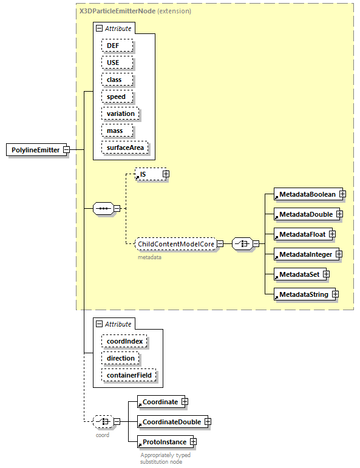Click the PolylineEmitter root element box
click(x=36, y=150)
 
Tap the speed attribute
click(x=116, y=97)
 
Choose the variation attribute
click(x=120, y=114)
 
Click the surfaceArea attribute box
click(x=124, y=148)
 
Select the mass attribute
click(x=115, y=131)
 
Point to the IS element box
click(x=148, y=174)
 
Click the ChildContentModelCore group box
click(x=175, y=244)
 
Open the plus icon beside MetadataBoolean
click(x=342, y=194)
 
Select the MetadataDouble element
click(x=305, y=214)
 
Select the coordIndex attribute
click(x=124, y=341)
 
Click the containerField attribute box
click(x=129, y=375)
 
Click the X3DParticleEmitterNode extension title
click(x=135, y=11)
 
